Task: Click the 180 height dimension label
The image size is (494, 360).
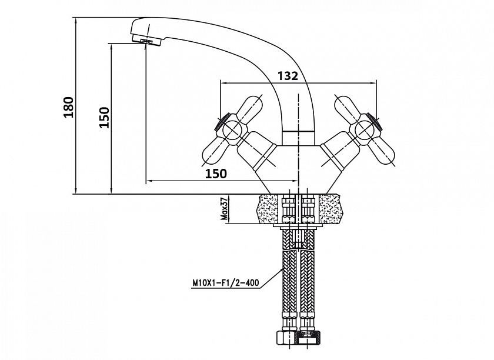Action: [x=69, y=108]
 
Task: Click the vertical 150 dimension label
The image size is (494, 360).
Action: [x=104, y=117]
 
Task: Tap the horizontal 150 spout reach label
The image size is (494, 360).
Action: [x=216, y=174]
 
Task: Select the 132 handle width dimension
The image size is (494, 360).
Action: [x=288, y=76]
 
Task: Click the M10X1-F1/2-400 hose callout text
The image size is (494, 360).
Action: [x=226, y=282]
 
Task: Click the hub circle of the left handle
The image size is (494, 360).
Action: [x=232, y=130]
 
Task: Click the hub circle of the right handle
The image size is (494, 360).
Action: [x=364, y=130]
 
